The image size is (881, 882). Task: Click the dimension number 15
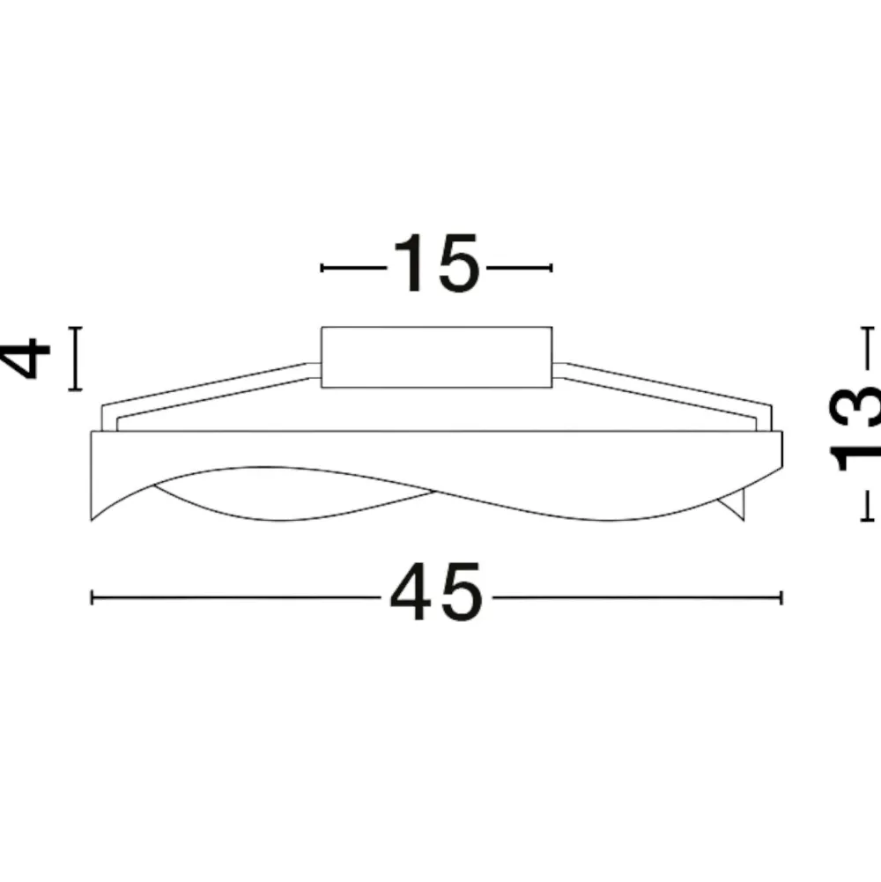[x=435, y=263]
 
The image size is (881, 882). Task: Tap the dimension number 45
[x=437, y=592]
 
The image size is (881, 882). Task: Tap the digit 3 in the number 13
[x=854, y=406]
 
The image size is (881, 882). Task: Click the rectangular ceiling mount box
[x=437, y=357]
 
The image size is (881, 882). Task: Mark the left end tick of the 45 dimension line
[x=92, y=597]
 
